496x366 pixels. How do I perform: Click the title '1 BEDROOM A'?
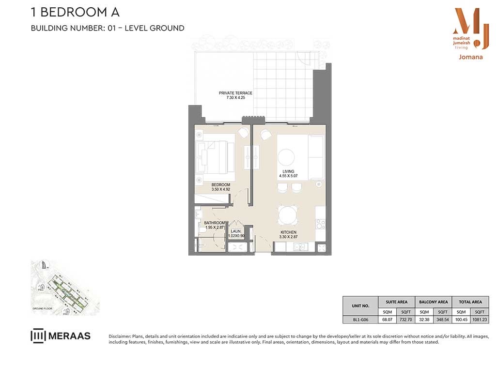click(75, 12)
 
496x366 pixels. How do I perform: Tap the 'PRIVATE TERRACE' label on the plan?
click(235, 93)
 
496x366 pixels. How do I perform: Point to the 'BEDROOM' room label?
click(221, 185)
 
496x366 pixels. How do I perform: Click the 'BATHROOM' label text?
click(215, 223)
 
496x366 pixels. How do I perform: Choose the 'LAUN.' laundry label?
click(236, 231)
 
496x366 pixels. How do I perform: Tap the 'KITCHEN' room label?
click(288, 232)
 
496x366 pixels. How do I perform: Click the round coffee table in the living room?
click(286, 157)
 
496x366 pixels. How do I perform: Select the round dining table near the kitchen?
click(288, 214)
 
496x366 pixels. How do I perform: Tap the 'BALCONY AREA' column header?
click(433, 302)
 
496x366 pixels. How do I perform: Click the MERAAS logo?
click(61, 335)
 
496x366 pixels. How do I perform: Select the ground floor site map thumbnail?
click(65, 288)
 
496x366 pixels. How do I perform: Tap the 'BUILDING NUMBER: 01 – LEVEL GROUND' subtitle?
click(108, 28)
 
